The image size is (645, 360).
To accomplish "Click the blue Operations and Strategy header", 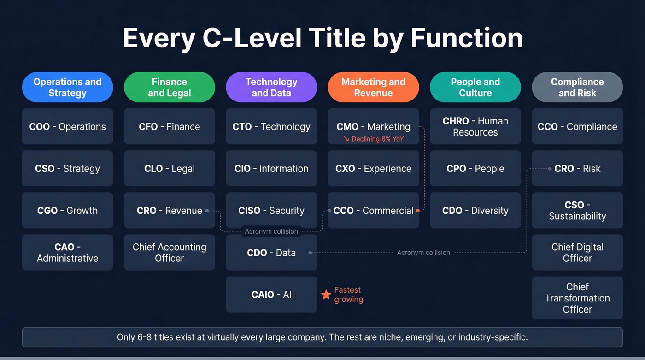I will point(67,87).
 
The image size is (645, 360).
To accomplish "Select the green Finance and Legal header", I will point(169,87).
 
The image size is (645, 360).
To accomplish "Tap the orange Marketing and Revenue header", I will point(373,87).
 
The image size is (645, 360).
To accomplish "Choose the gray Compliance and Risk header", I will point(577,87).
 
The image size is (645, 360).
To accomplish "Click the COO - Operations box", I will point(67,126).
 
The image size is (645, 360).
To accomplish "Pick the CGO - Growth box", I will point(67,211).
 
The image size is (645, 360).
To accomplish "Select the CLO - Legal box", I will point(169,169).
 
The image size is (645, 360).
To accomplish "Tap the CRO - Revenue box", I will point(169,211).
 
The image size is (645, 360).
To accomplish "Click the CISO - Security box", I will point(271,211).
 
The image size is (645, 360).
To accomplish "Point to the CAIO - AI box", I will point(271,295).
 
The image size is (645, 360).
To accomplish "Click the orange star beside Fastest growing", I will point(326,295).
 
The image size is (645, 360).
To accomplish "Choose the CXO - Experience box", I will point(373,169).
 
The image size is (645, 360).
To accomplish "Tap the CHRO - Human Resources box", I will point(475,126).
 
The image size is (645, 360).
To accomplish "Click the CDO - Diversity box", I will point(475,211).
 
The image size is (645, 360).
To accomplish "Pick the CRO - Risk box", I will point(577,169).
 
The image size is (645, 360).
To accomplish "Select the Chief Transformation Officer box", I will point(577,298).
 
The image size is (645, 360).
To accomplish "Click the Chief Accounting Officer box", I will point(169,253).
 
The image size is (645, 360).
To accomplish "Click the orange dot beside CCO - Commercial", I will point(418,211).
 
